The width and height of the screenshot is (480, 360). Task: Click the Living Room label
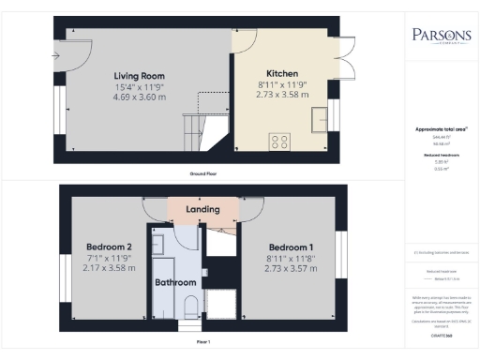[140, 75]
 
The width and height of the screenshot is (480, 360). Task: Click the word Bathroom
[175, 282]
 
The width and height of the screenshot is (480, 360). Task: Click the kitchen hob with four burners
[279, 142]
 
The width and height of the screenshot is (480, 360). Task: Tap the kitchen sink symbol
[331, 114]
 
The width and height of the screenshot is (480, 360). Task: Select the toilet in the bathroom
[190, 306]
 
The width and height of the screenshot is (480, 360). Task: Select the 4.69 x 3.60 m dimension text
[140, 97]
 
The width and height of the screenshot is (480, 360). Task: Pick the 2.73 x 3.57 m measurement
[290, 271]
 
